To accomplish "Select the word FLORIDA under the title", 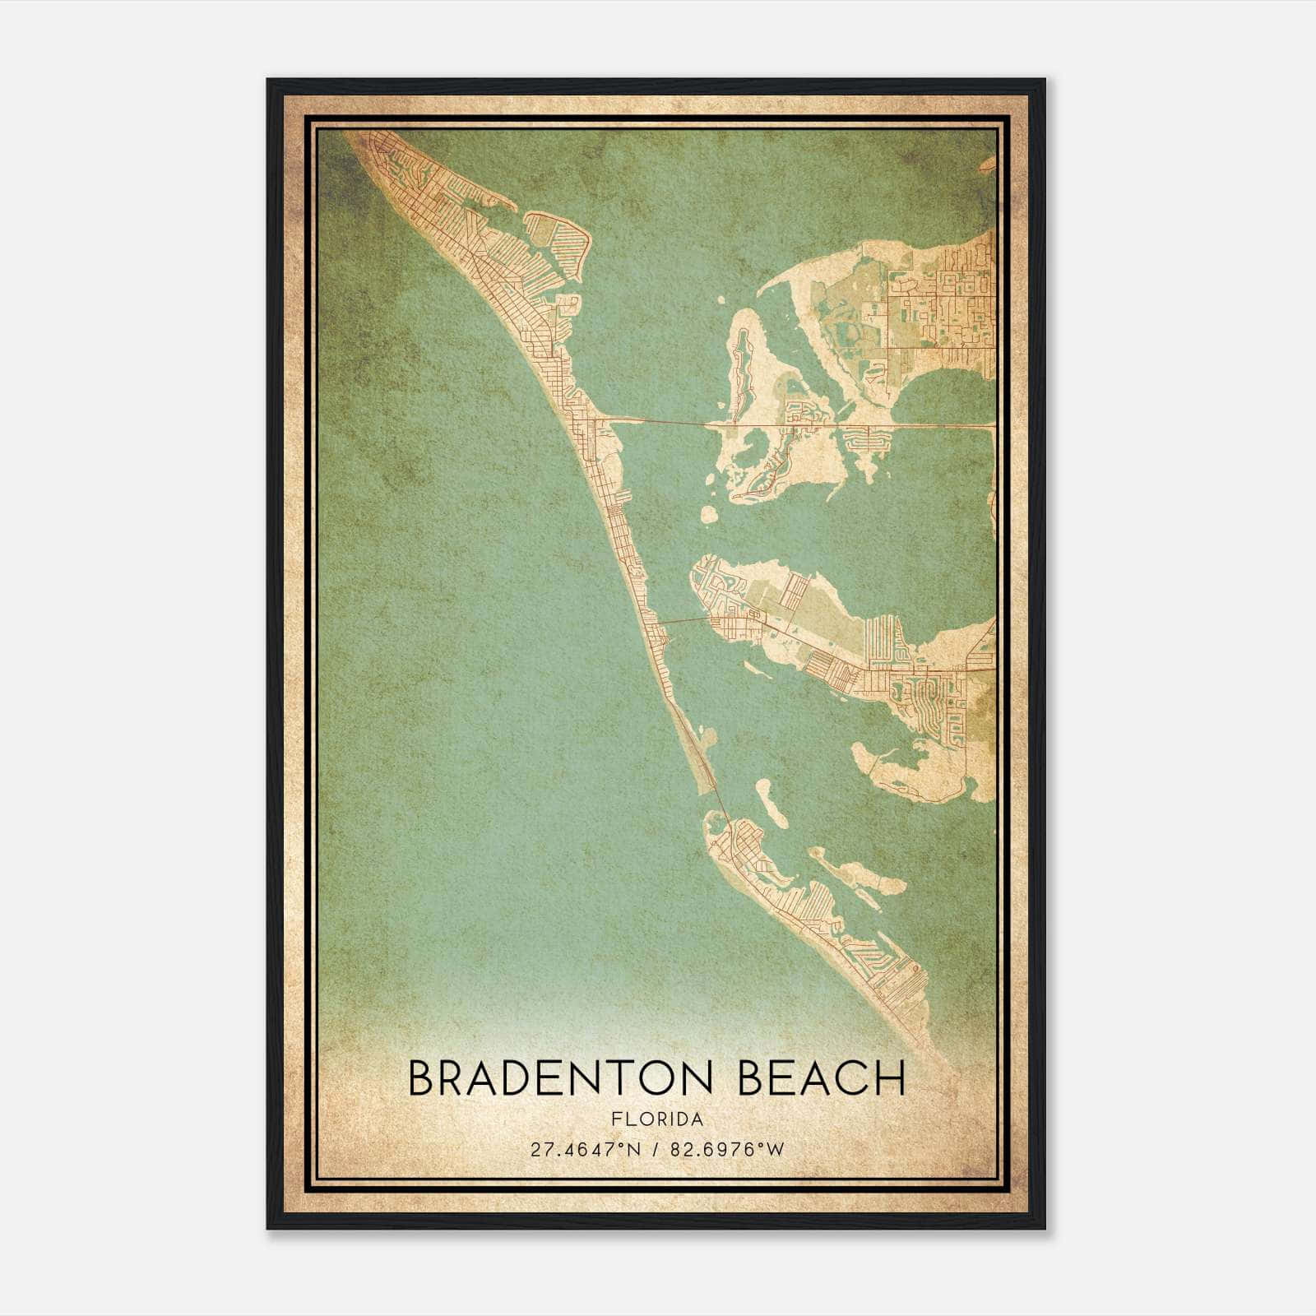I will (x=657, y=1119).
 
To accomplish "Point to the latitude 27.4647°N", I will (x=584, y=1149).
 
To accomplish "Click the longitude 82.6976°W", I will (x=729, y=1149).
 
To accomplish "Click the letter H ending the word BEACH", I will (x=890, y=1078).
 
